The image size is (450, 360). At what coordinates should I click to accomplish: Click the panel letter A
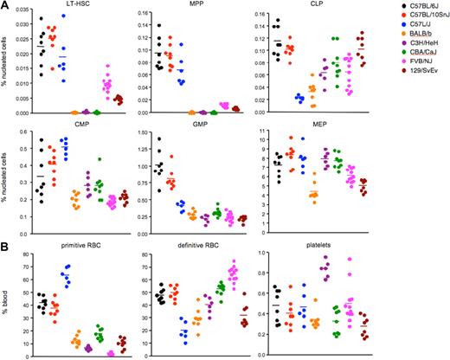click(4, 5)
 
